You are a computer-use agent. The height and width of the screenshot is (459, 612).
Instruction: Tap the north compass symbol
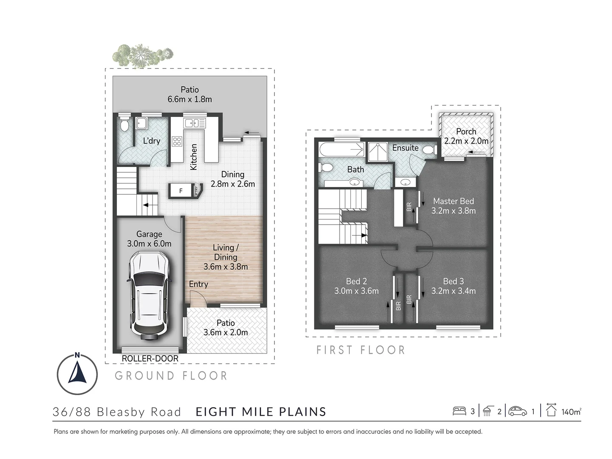point(77,374)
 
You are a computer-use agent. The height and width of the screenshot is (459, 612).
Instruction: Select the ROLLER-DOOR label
point(150,359)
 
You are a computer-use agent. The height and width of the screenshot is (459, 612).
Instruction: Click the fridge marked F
point(181,191)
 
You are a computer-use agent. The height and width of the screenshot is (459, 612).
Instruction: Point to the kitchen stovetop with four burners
point(177,141)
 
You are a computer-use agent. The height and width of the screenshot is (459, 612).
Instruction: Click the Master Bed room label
point(453,201)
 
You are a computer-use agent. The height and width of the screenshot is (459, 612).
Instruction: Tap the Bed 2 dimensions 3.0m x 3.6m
point(356,291)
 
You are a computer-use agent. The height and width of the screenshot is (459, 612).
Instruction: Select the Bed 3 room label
point(453,281)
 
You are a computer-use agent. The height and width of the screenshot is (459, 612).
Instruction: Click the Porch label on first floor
point(466,132)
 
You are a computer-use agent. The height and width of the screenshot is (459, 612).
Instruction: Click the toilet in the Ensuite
point(429,150)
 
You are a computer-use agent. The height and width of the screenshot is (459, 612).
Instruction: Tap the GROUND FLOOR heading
point(171,376)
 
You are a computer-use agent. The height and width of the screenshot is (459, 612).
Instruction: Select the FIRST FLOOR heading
point(361,350)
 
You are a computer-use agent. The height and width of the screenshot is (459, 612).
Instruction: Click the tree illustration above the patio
point(142,54)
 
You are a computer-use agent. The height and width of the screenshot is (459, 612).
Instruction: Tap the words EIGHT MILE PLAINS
point(261,412)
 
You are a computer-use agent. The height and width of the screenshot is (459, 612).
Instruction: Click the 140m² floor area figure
point(571,411)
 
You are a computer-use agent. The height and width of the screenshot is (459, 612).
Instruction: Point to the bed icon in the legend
point(459,411)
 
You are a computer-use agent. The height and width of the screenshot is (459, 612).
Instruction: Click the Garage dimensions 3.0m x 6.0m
point(149,244)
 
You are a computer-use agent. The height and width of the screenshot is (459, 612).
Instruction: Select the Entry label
point(198,284)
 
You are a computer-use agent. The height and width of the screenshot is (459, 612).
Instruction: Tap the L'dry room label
point(151,141)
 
